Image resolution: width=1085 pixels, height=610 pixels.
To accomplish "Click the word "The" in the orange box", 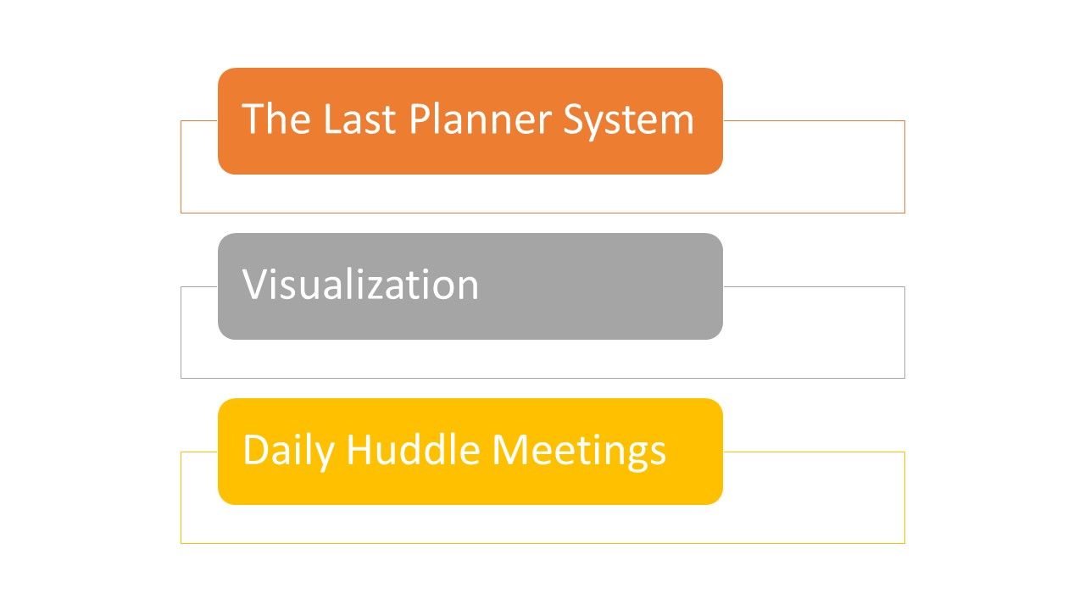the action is click(276, 119).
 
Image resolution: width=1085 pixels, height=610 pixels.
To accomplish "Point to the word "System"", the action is click(629, 121).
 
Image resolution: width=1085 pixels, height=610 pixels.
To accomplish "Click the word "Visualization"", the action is click(360, 284).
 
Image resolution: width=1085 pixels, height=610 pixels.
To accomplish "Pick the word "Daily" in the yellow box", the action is click(289, 451).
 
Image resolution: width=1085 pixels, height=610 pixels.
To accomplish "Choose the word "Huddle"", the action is click(413, 450).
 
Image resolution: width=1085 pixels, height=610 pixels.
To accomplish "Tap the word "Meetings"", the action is click(579, 452).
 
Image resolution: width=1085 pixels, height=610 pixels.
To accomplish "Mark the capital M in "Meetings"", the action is click(510, 450).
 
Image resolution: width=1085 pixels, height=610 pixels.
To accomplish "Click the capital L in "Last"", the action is click(333, 119).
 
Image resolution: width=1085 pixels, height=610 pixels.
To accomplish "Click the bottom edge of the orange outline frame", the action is click(542, 213).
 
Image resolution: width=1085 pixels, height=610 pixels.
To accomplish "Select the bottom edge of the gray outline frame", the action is click(542, 378).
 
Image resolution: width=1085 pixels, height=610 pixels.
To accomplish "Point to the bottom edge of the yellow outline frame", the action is click(542, 543).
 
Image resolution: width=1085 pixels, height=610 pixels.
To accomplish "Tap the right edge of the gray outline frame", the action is click(904, 332).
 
